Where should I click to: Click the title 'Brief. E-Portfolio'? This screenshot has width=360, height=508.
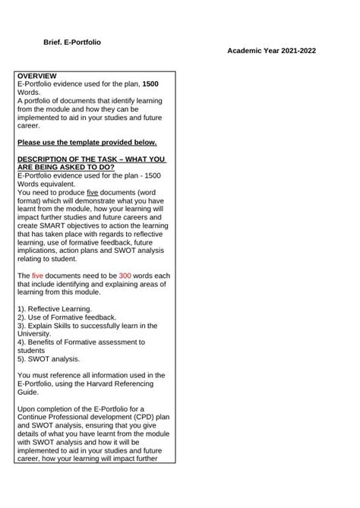tap(73, 42)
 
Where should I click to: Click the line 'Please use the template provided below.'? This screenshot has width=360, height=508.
tap(87, 142)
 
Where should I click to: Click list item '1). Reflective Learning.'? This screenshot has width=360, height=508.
tap(54, 308)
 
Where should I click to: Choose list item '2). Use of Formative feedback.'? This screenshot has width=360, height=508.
tap(65, 317)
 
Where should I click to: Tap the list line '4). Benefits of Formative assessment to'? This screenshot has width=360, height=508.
tap(80, 342)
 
